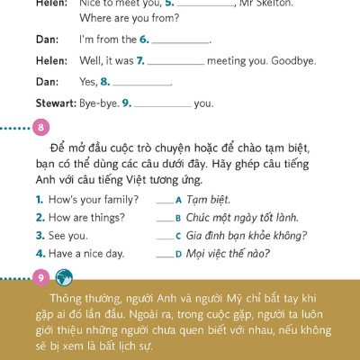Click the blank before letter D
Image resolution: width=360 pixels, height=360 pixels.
pos(165,255)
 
